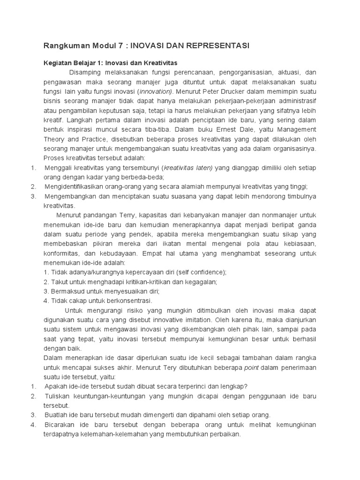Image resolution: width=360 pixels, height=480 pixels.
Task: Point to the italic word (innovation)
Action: point(155,91)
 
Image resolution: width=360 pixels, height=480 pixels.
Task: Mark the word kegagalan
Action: point(200,282)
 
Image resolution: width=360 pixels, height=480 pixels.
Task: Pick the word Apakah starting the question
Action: point(56,386)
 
